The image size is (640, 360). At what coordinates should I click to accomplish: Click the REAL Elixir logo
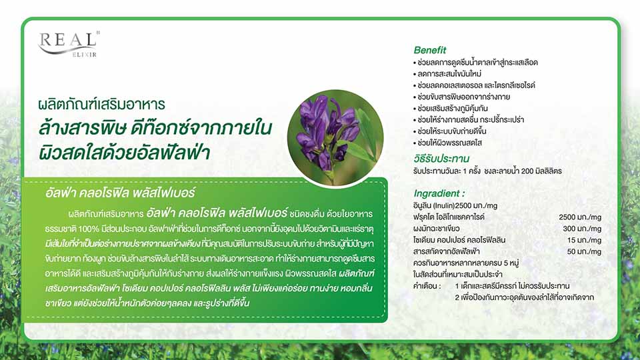click(69, 44)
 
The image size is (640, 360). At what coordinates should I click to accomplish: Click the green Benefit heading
click(430, 50)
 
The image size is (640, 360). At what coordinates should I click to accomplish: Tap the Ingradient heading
click(439, 193)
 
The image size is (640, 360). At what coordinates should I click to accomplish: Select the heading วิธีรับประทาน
click(441, 159)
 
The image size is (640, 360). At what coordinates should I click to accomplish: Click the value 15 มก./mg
click(584, 240)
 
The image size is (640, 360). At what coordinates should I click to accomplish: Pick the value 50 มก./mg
click(584, 251)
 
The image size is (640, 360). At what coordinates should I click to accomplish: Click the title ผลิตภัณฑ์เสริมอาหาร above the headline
click(101, 105)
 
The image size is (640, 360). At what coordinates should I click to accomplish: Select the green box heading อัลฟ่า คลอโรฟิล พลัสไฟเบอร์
click(121, 193)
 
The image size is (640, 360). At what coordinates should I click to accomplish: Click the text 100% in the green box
click(89, 229)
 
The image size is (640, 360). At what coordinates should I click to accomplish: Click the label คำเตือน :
click(427, 286)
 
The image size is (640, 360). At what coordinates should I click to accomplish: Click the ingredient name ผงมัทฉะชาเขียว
click(436, 229)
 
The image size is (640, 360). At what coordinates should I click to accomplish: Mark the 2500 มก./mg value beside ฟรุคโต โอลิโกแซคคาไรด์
click(580, 217)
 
